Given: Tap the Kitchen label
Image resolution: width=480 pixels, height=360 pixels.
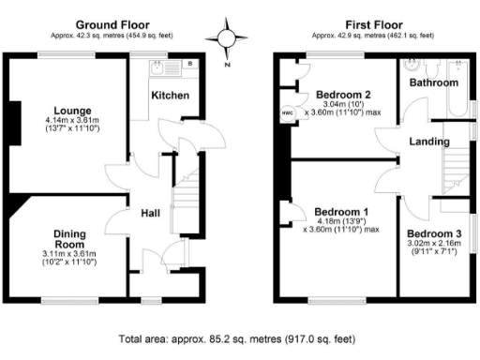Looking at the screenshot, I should pyautogui.click(x=171, y=96).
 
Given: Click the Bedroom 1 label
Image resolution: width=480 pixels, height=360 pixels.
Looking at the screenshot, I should pyautogui.click(x=341, y=211).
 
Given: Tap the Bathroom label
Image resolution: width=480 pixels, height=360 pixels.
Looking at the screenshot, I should pyautogui.click(x=432, y=82).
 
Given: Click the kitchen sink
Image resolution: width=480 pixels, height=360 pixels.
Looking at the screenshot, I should pyautogui.click(x=163, y=67).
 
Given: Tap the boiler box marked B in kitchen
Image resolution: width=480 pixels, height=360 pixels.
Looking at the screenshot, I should pyautogui.click(x=191, y=64).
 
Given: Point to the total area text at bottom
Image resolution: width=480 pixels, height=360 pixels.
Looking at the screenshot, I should pyautogui.click(x=237, y=339).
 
